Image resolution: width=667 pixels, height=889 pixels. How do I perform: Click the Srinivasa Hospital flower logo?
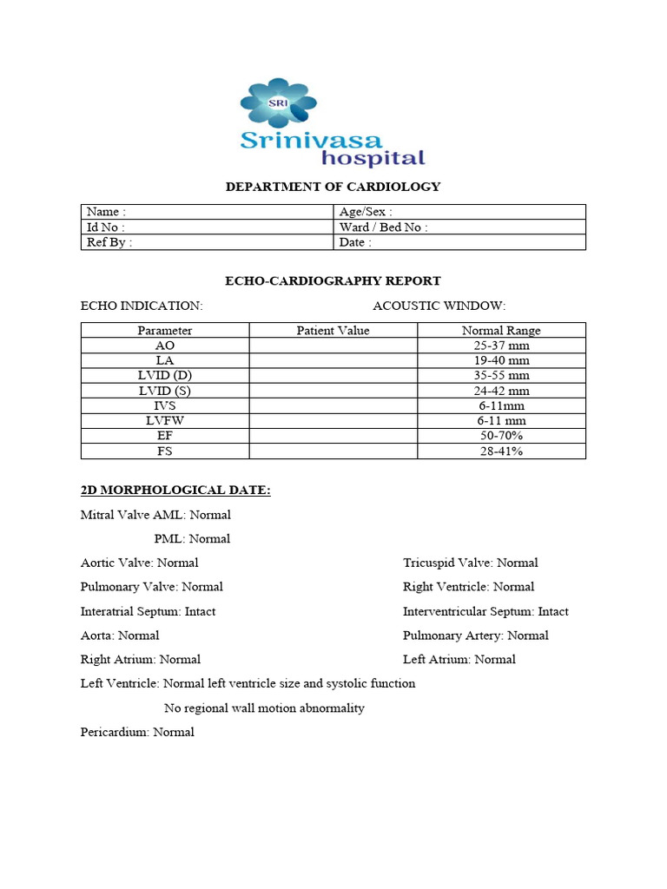pos(278,103)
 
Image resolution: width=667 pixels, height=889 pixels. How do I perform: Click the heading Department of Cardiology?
pos(333,187)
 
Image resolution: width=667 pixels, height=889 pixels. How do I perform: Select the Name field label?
pos(106,212)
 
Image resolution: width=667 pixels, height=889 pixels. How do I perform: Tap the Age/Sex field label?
pos(366,212)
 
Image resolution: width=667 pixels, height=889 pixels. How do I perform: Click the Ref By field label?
pos(109,242)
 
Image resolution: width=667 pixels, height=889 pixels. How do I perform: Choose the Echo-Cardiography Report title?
pos(333,280)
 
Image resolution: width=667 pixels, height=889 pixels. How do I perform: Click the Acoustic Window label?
pos(439,306)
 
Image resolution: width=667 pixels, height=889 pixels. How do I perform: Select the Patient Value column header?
pos(333,330)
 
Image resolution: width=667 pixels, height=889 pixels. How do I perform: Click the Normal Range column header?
pos(501,330)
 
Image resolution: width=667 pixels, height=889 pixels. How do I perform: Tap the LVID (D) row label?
pos(165,375)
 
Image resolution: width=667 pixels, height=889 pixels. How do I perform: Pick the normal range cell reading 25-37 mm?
pos(501,345)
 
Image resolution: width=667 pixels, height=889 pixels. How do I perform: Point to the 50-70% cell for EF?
pos(501,436)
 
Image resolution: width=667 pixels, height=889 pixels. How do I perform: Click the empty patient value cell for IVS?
pos(333,405)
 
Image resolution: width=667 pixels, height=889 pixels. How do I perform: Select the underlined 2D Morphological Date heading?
pos(175,491)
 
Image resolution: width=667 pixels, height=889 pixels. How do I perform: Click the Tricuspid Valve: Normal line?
pos(470,563)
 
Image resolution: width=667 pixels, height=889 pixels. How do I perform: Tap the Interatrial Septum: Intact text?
pos(148,611)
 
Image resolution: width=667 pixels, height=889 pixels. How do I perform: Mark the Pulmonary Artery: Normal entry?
pos(475,635)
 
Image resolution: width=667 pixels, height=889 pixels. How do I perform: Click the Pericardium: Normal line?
pos(137,732)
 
